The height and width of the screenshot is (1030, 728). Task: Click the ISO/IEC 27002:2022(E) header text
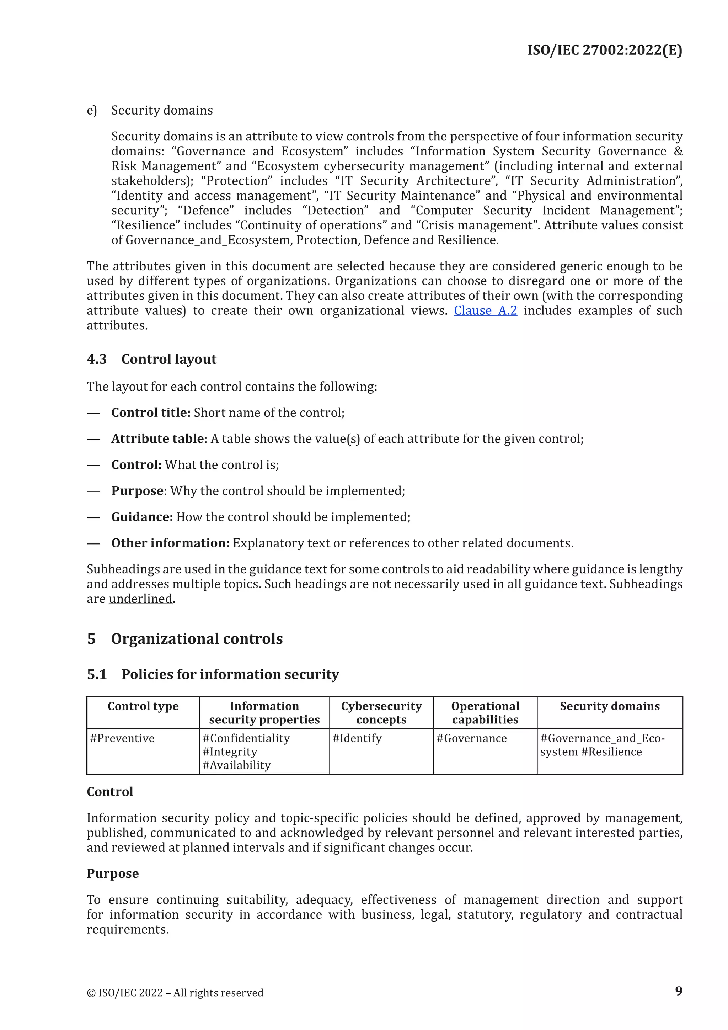coord(604,50)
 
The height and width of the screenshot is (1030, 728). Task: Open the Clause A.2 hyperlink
coord(485,310)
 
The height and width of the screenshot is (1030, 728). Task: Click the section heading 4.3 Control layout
coord(151,359)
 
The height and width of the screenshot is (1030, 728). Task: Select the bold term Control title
coord(151,413)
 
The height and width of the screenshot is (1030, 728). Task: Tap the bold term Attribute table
coord(157,439)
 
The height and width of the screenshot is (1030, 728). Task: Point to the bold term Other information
coord(170,543)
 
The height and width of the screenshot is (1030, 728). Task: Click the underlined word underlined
coord(140,599)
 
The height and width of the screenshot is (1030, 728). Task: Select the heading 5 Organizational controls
coord(185,639)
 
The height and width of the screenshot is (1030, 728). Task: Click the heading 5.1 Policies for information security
coord(213,675)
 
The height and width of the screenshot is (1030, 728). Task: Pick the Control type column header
coord(143,707)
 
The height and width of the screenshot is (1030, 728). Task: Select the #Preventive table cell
coord(122,738)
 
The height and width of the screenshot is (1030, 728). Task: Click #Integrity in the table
coord(230,752)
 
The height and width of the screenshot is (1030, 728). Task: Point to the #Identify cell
coord(357,738)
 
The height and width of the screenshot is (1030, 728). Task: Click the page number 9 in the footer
coord(678,991)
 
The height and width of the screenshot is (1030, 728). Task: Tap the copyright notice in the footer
coord(175,993)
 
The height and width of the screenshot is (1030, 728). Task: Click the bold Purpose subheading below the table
coord(113,874)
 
